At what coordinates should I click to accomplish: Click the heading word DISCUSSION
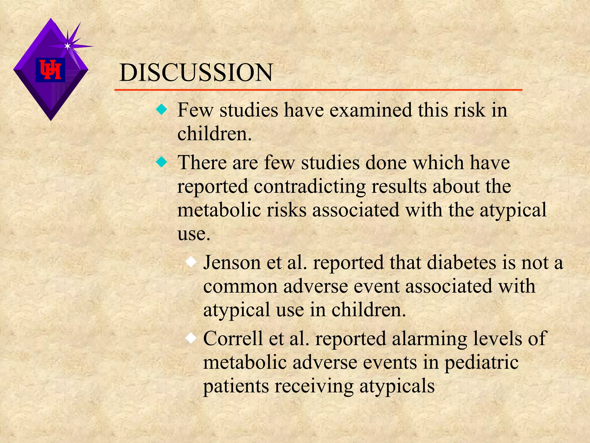[x=196, y=73]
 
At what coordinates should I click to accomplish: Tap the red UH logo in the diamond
[x=50, y=70]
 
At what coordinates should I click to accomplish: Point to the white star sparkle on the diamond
[x=67, y=46]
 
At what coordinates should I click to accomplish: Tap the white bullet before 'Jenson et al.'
[x=191, y=262]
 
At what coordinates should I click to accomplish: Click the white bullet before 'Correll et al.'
[x=191, y=338]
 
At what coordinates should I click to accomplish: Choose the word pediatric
[x=481, y=363]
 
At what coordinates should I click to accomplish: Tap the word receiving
[x=314, y=386]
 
